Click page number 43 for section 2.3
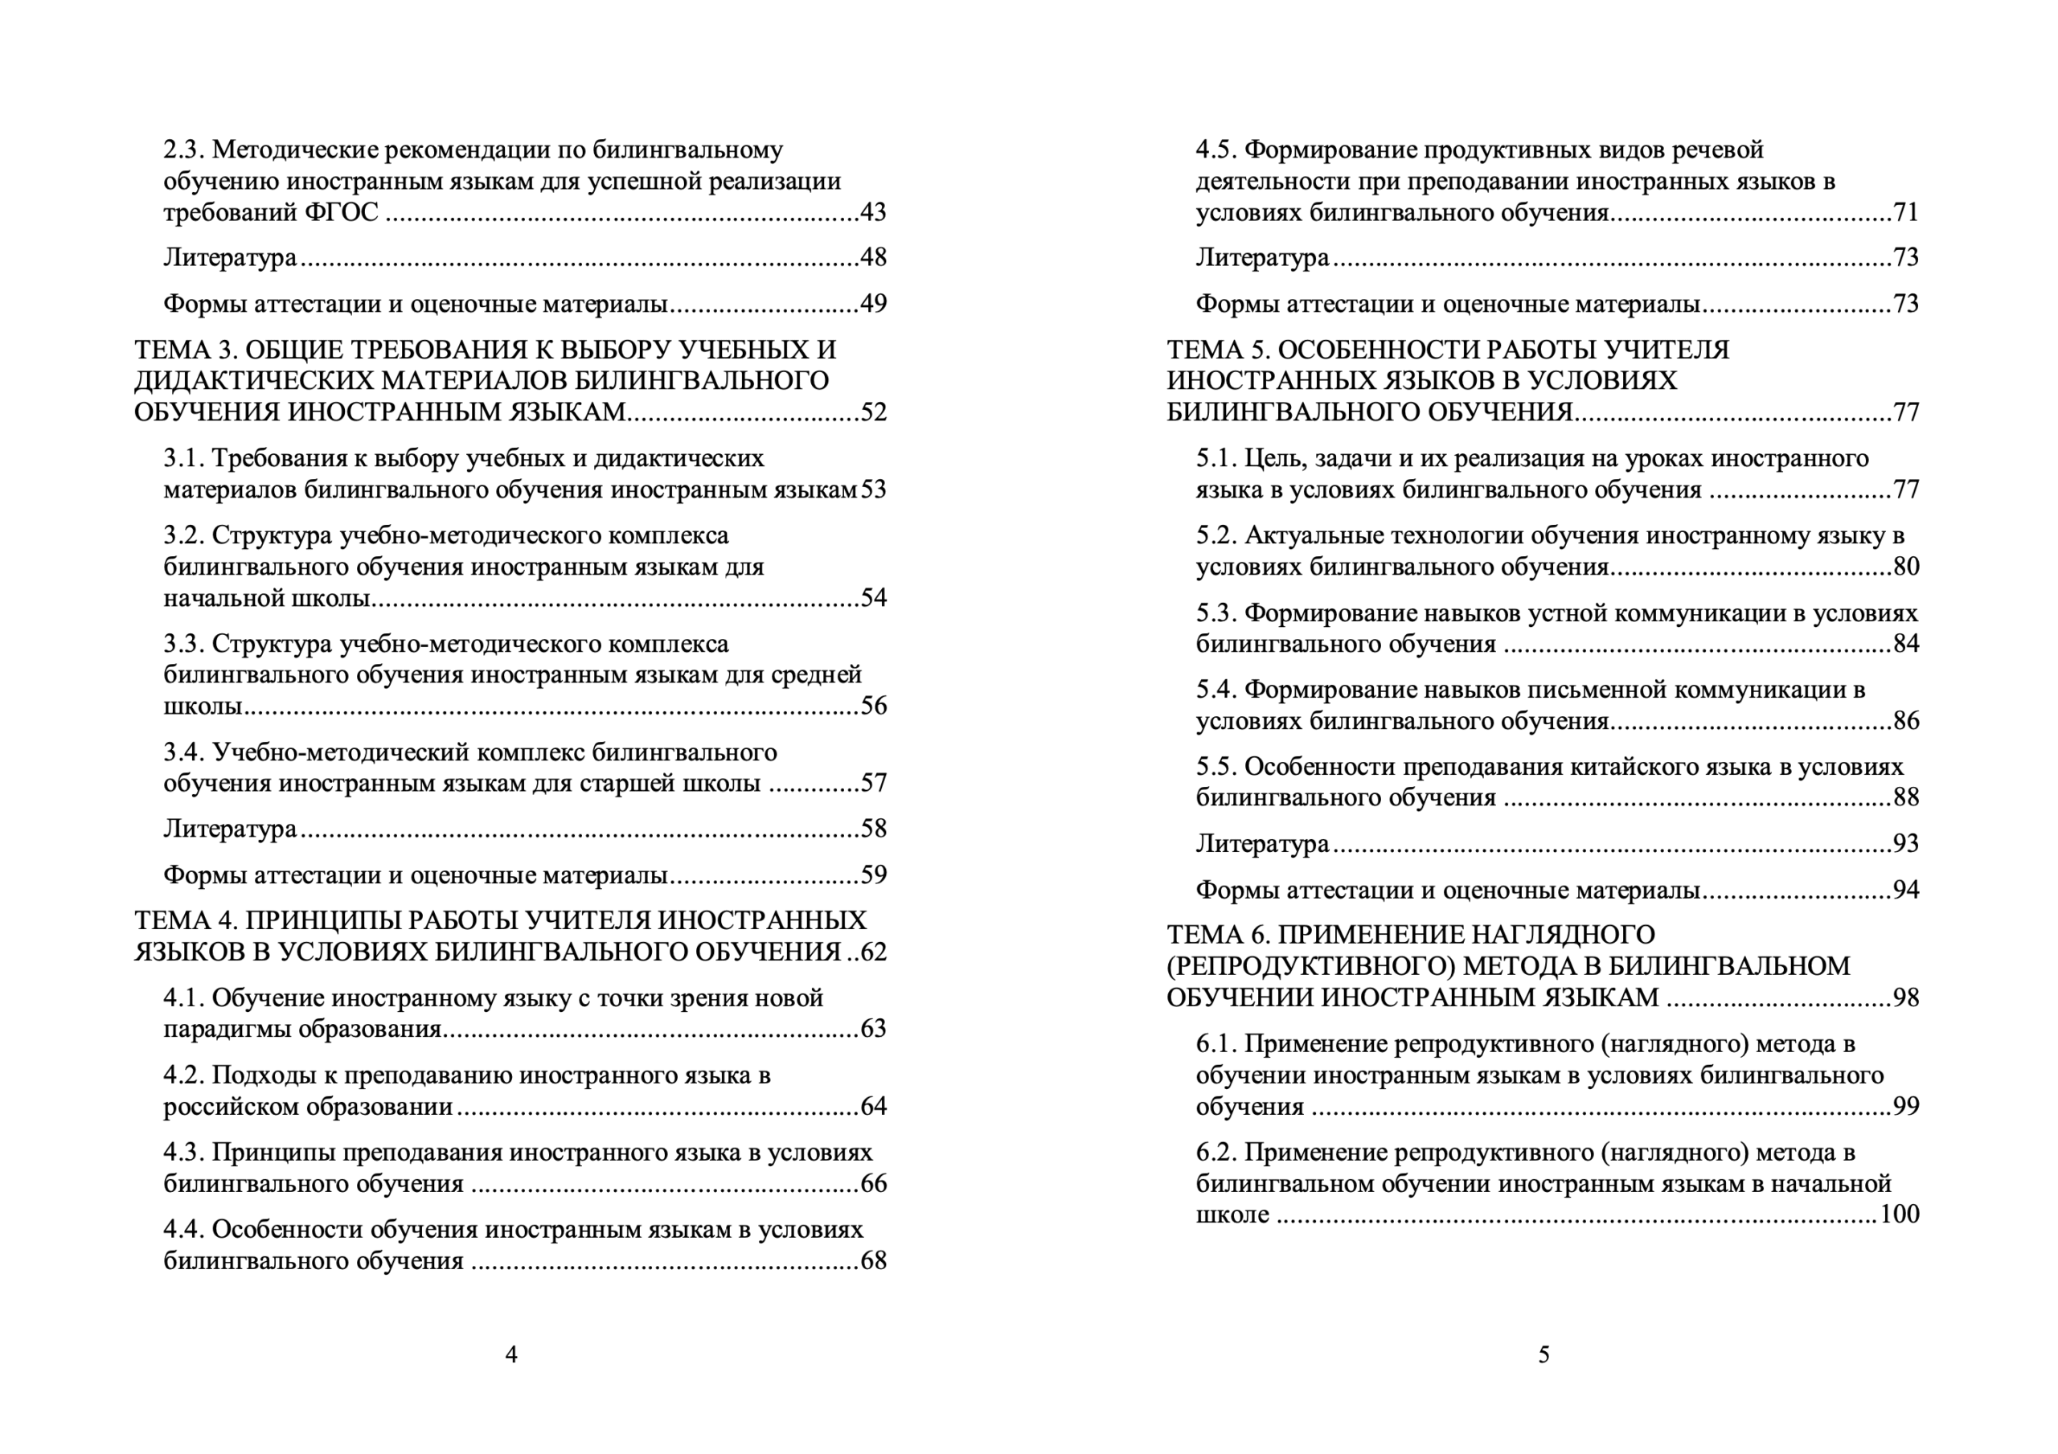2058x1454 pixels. [x=873, y=212]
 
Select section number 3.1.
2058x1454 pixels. [x=184, y=458]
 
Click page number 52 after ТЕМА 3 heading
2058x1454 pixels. [x=873, y=412]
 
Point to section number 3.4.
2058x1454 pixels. [x=184, y=752]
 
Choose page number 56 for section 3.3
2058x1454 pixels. [x=873, y=707]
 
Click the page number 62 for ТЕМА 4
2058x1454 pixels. [x=873, y=952]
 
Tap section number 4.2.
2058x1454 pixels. [x=184, y=1075]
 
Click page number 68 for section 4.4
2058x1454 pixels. [x=873, y=1261]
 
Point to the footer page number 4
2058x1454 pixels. [x=511, y=1354]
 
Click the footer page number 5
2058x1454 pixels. [x=1543, y=1354]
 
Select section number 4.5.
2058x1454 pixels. [x=1216, y=149]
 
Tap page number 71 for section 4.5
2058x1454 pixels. [x=1905, y=212]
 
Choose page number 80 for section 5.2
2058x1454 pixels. [x=1905, y=567]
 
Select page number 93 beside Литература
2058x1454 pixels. [x=1905, y=843]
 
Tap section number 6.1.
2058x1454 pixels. [x=1216, y=1044]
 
